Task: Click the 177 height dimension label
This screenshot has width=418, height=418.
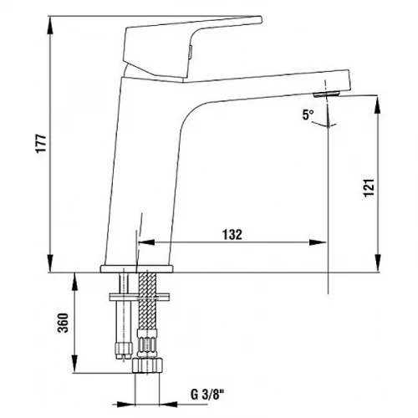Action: coord(42,143)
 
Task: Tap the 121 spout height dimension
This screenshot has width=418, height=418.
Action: coord(370,187)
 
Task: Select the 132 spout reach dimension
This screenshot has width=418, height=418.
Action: coord(232,235)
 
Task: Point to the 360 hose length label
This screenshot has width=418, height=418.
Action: coord(63,323)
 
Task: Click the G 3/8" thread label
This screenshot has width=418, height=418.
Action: coord(207,395)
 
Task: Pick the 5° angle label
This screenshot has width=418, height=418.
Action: coord(308,115)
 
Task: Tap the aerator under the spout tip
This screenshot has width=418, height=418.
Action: coord(326,94)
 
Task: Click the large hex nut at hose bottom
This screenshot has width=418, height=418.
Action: coord(147,365)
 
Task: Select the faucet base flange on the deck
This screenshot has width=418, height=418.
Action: coord(136,268)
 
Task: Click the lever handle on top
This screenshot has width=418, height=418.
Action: coord(192,48)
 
